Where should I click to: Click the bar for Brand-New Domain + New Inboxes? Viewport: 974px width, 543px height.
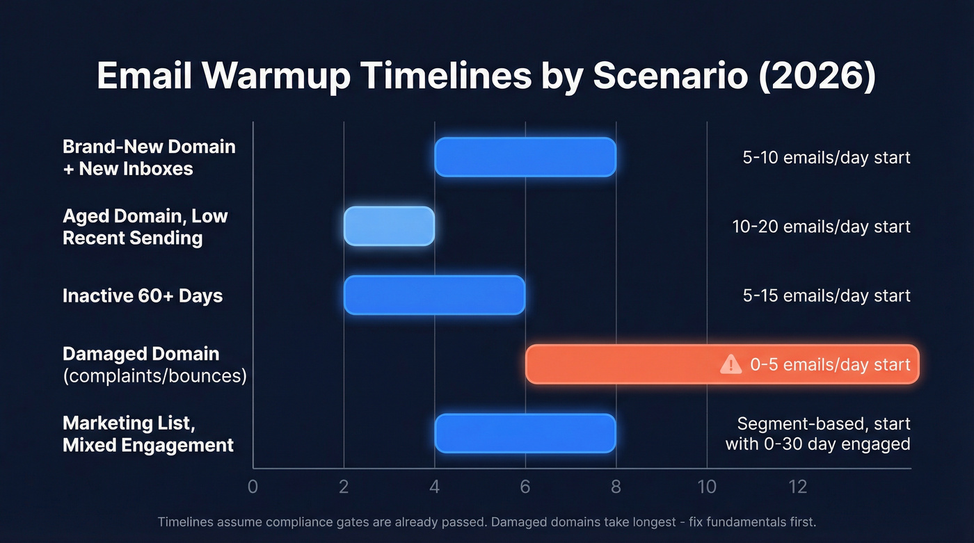click(x=525, y=157)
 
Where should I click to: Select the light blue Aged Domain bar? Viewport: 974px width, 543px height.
click(x=389, y=226)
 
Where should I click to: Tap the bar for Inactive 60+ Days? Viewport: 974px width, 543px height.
click(x=434, y=295)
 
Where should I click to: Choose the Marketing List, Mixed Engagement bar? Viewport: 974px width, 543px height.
click(x=525, y=433)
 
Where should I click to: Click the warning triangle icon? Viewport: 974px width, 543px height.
click(x=730, y=364)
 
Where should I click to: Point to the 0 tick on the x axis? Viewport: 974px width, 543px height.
click(x=253, y=486)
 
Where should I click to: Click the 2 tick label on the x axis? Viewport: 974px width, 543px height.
click(x=344, y=486)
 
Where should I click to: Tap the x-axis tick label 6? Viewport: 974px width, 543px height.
click(x=525, y=486)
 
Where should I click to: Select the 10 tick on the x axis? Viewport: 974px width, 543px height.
click(x=707, y=486)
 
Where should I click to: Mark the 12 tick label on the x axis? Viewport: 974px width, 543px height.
click(x=798, y=486)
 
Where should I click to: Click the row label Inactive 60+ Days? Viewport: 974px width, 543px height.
click(x=143, y=295)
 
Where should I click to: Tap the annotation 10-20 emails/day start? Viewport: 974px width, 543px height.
click(x=821, y=227)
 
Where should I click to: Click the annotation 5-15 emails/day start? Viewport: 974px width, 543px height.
click(x=827, y=295)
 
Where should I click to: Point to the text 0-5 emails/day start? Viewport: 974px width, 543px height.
click(x=830, y=364)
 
